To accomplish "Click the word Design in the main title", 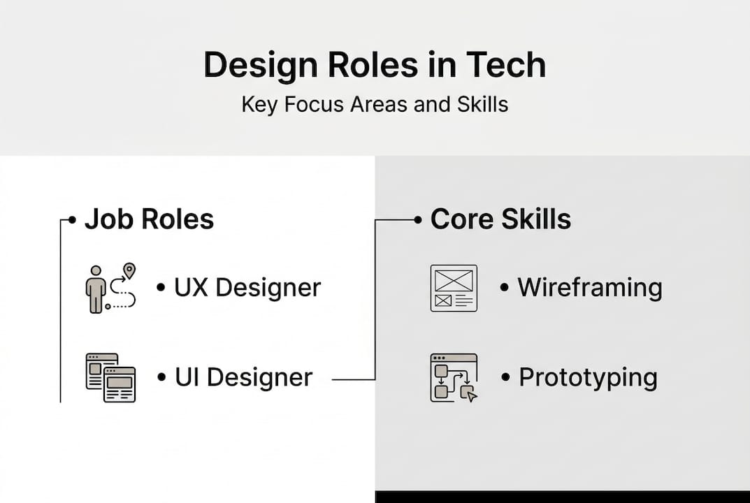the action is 261,66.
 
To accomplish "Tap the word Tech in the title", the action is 506,64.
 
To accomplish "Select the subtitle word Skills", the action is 482,104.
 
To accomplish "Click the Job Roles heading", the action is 150,219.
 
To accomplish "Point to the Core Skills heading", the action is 500,219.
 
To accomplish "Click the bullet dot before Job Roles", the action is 72,220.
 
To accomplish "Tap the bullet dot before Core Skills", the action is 418,220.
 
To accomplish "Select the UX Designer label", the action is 247,287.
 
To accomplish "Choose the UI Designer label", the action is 243,377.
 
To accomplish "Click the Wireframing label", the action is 590,287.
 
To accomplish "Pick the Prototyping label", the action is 589,378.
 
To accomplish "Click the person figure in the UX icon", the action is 96,290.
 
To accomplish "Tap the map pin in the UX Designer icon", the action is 129,270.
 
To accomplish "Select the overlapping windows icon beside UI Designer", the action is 111,378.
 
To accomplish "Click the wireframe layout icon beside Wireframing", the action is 454,289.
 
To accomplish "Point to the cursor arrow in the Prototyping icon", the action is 472,396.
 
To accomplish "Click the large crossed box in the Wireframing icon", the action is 454,280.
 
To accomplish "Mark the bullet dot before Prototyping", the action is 505,378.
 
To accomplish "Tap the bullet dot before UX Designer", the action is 161,287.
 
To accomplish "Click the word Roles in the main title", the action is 373,64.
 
